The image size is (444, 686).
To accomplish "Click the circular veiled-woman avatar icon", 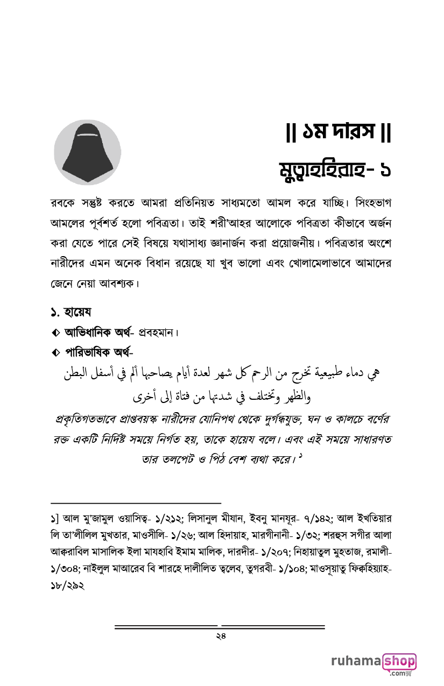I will tap(87, 153).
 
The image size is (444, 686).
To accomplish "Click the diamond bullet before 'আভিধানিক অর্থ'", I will tap(56, 334).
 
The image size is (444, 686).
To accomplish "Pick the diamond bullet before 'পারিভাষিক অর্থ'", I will tap(56, 353).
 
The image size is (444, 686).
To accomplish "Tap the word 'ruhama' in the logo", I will tap(355, 661).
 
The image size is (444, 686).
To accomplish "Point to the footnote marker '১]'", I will tap(54, 520).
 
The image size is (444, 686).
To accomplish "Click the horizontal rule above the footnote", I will tap(135, 503).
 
